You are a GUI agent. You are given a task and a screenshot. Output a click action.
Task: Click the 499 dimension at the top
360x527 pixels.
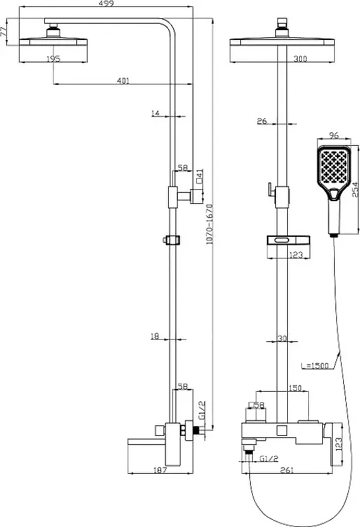tap(106, 4)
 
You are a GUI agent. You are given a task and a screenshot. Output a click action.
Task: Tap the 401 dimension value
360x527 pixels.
tap(123, 81)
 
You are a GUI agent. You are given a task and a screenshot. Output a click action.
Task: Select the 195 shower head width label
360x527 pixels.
tap(53, 59)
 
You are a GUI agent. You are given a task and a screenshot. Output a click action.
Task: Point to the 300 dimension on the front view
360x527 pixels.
tap(300, 59)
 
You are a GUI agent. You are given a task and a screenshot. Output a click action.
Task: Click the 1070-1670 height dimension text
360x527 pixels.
tap(209, 224)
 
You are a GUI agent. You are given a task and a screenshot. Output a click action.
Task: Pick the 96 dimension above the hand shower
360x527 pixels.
tap(334, 135)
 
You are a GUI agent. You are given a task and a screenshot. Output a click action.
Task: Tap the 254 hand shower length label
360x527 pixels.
tap(356, 189)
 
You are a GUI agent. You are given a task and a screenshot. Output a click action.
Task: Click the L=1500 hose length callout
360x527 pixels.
tap(314, 365)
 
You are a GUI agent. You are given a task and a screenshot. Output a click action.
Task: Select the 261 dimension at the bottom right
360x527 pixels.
tap(286, 470)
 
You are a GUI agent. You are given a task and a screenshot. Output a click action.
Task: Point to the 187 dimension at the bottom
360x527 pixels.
tap(160, 470)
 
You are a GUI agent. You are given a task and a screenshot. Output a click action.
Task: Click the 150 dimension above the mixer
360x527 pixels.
tap(295, 388)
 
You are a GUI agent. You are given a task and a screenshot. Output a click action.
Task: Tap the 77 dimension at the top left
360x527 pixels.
tap(4, 32)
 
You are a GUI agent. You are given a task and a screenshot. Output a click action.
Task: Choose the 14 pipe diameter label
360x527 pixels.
tap(155, 114)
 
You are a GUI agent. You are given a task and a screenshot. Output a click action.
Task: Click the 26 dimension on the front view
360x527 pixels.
tap(262, 121)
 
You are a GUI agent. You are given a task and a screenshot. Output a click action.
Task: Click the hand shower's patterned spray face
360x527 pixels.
tap(333, 166)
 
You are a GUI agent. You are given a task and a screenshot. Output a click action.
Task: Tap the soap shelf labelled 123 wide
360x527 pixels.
tap(288, 240)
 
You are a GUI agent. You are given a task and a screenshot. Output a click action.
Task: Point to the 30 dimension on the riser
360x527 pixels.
tap(282, 338)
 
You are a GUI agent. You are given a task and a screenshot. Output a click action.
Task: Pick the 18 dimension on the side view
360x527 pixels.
tap(155, 336)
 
